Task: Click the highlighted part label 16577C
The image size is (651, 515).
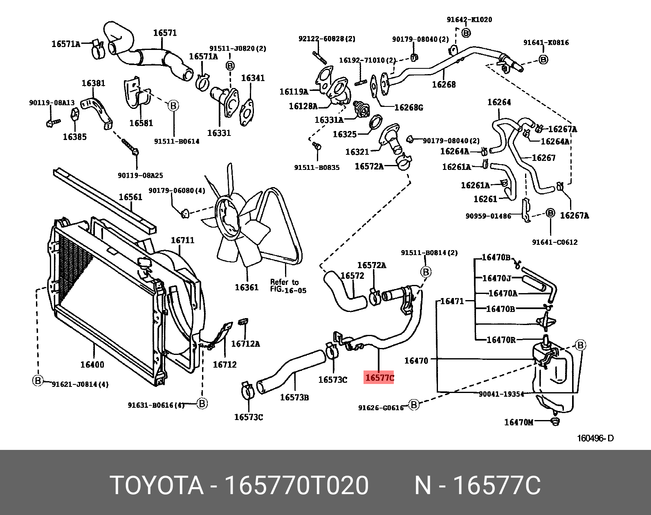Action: [x=379, y=377]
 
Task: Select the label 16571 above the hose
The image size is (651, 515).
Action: [x=165, y=33]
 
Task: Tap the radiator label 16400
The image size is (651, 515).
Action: [x=92, y=364]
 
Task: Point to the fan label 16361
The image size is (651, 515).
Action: [x=247, y=287]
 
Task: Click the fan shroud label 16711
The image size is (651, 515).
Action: [x=182, y=240]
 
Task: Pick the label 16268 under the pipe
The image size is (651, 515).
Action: [x=444, y=84]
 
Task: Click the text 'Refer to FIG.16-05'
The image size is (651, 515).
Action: [x=288, y=286]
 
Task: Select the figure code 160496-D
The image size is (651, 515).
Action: [x=595, y=438]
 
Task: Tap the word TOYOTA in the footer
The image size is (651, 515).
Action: [x=157, y=486]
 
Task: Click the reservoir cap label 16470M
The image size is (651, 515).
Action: [x=519, y=422]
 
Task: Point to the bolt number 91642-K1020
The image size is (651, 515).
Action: [x=469, y=20]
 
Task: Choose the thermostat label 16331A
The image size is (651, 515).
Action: [x=329, y=120]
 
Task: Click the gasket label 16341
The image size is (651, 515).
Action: [x=253, y=78]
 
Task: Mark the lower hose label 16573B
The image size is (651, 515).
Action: [x=294, y=397]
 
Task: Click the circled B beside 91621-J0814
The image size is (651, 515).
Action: [x=38, y=381]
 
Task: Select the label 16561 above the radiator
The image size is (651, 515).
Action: [x=130, y=197]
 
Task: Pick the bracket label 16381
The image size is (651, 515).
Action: [x=93, y=83]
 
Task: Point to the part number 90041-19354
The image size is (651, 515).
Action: [x=501, y=394]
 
